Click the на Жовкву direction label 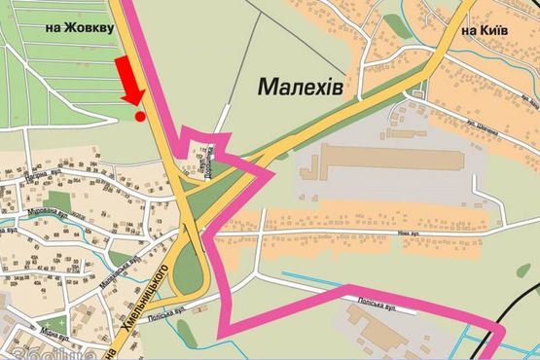[x=80, y=28]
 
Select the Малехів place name [x=301, y=88]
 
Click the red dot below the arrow [x=140, y=117]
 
